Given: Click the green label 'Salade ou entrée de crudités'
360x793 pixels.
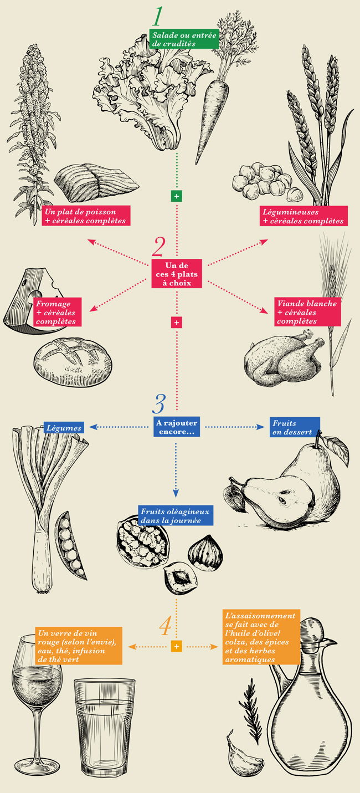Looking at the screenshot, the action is click(184, 39).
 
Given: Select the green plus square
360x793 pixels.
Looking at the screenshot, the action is click(177, 196).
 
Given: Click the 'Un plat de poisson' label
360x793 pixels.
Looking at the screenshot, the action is click(86, 216).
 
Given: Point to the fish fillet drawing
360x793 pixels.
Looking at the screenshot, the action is click(96, 181).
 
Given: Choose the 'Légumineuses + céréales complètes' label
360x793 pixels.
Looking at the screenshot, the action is click(304, 216).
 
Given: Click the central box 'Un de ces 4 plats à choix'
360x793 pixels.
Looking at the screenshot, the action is click(177, 274).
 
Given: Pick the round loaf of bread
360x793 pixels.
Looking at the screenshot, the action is click(73, 362).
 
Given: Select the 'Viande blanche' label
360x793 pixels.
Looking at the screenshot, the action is click(307, 312).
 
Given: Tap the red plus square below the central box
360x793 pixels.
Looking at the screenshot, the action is click(177, 323).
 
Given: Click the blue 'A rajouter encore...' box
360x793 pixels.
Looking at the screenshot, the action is click(177, 427).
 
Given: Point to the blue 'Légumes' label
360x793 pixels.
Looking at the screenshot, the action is click(64, 428).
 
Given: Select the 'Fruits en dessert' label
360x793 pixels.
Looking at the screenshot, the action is click(295, 427).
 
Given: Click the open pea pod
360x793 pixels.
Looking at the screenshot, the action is click(70, 545).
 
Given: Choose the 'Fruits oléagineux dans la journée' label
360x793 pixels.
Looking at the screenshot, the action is click(176, 515).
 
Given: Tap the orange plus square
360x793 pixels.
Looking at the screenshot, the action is click(177, 646).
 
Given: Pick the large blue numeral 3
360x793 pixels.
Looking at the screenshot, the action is click(159, 403).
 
